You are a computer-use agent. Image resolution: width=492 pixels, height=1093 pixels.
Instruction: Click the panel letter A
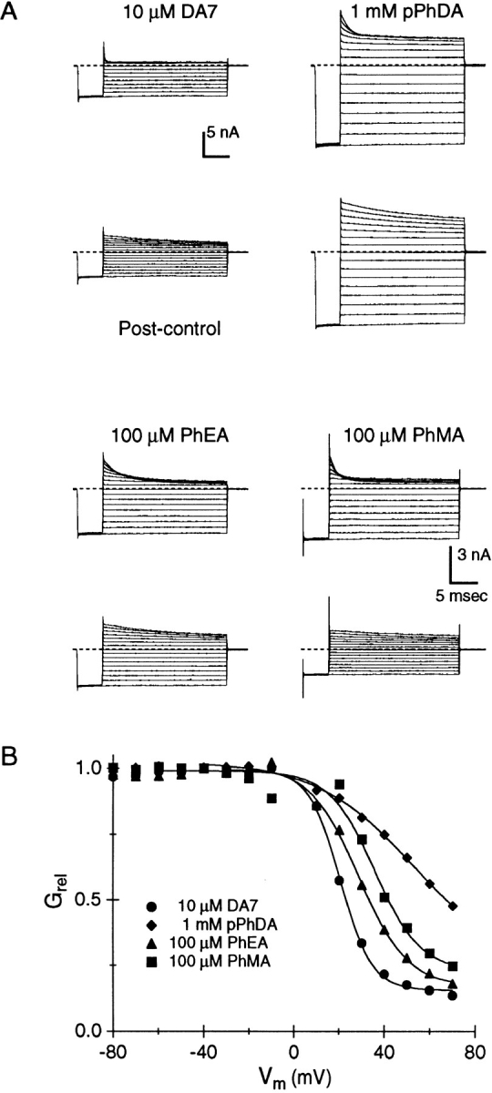9,12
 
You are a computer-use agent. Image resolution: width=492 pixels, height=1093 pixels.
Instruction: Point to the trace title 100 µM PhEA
169,434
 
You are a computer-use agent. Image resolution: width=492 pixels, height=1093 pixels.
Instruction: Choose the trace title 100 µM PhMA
405,434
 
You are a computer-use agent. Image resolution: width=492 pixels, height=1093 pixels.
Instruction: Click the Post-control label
169,329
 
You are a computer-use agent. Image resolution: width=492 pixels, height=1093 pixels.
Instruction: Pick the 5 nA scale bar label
223,132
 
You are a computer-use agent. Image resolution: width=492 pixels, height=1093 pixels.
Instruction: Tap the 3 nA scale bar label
474,555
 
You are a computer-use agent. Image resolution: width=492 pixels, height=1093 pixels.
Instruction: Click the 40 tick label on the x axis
384,1051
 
